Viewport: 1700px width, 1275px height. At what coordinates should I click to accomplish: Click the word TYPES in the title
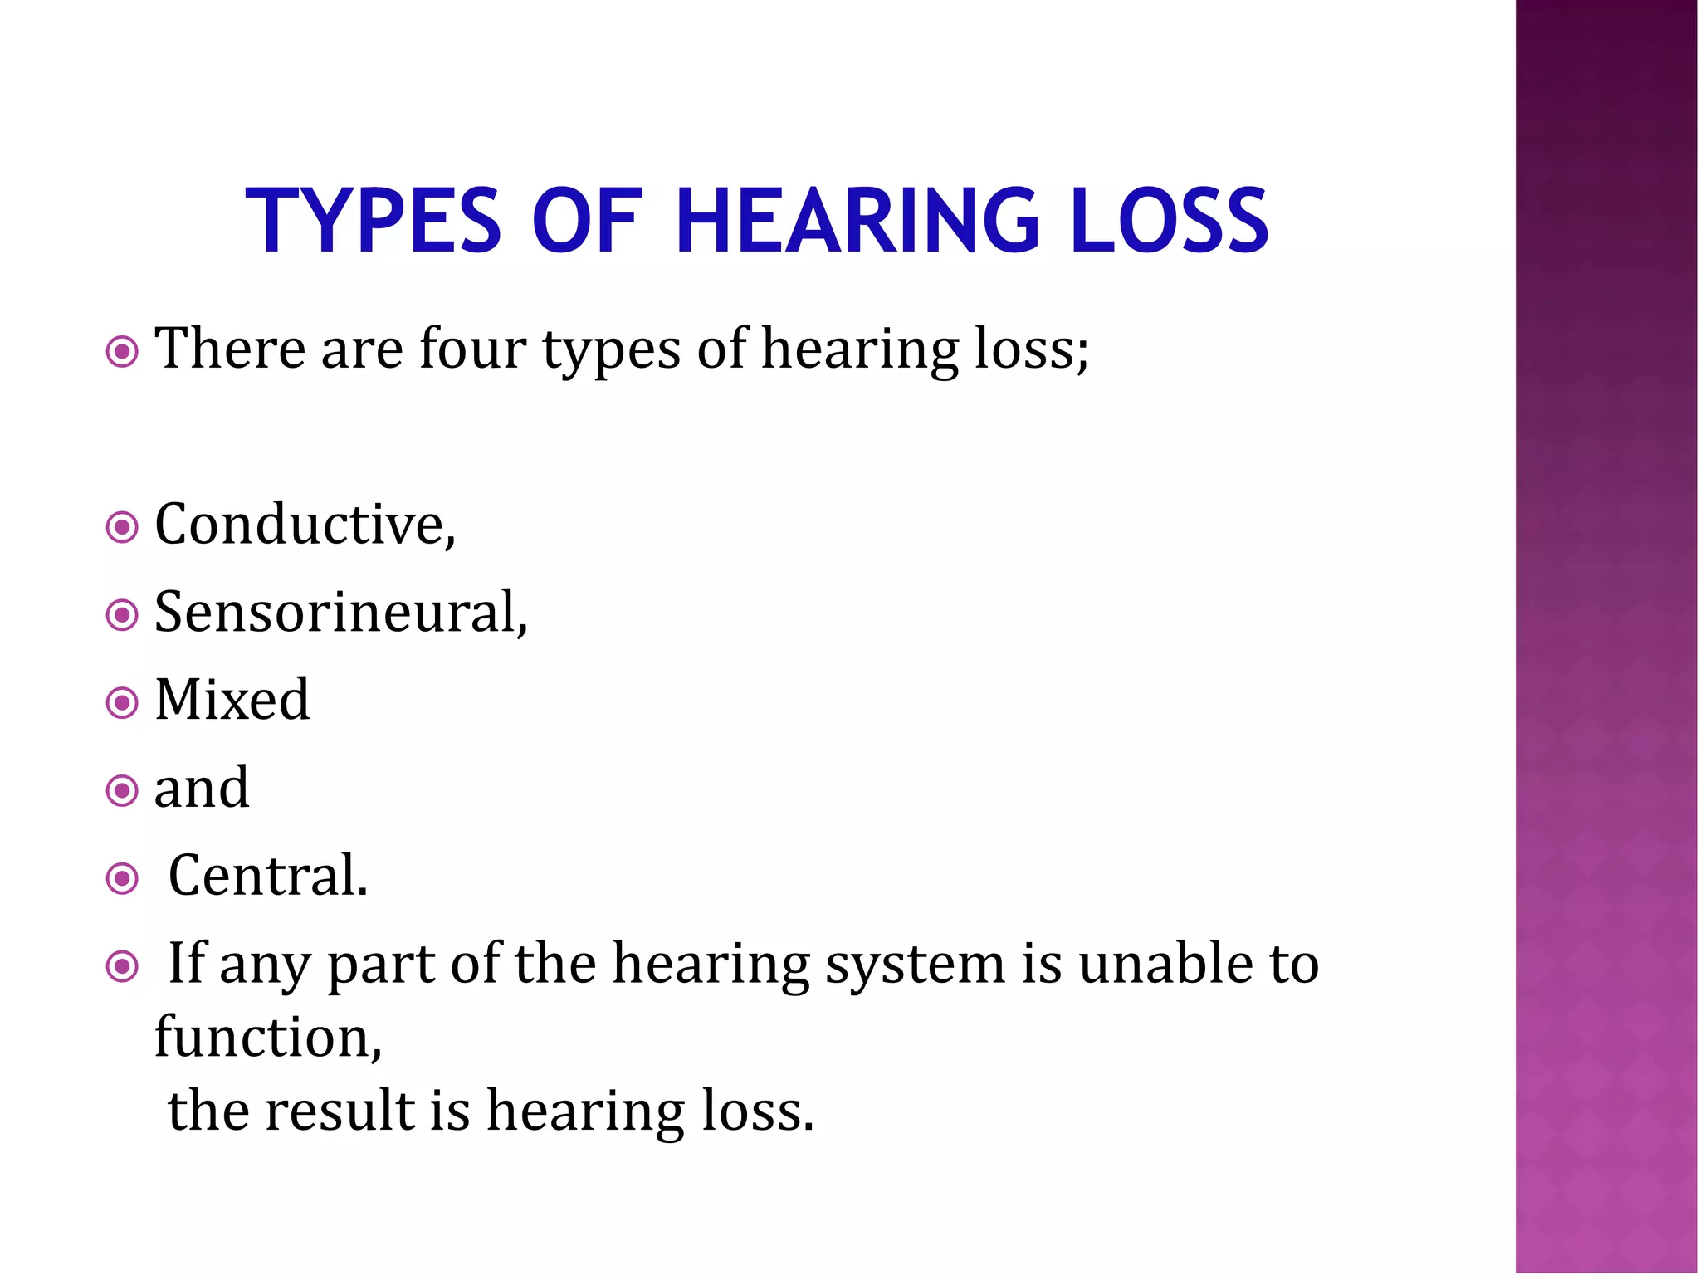point(373,221)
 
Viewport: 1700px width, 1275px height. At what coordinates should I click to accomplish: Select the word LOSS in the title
point(1169,221)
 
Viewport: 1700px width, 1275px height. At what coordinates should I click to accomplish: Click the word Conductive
point(305,525)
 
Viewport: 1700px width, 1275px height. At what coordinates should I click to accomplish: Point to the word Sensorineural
point(340,613)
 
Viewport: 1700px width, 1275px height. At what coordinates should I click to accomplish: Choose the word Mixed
point(232,700)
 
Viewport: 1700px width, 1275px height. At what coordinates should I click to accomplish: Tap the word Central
point(267,876)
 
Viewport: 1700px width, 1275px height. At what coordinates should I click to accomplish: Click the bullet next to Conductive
point(122,527)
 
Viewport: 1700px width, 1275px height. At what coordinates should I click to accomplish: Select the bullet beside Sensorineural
point(122,615)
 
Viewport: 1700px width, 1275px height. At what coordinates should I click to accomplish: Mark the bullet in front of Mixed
point(122,703)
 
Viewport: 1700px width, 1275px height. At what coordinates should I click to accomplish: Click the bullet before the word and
point(122,790)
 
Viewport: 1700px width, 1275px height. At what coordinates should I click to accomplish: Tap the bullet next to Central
point(122,878)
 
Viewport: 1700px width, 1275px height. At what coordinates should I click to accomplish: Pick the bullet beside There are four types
point(122,352)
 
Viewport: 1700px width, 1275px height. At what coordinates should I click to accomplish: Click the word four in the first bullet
point(471,349)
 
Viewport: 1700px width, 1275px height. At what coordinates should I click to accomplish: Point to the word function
point(267,1038)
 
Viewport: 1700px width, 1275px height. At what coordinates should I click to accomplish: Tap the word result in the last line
point(340,1111)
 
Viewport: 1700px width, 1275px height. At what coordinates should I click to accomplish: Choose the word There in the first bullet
point(230,349)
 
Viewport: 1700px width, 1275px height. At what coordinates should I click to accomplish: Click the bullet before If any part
point(122,966)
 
